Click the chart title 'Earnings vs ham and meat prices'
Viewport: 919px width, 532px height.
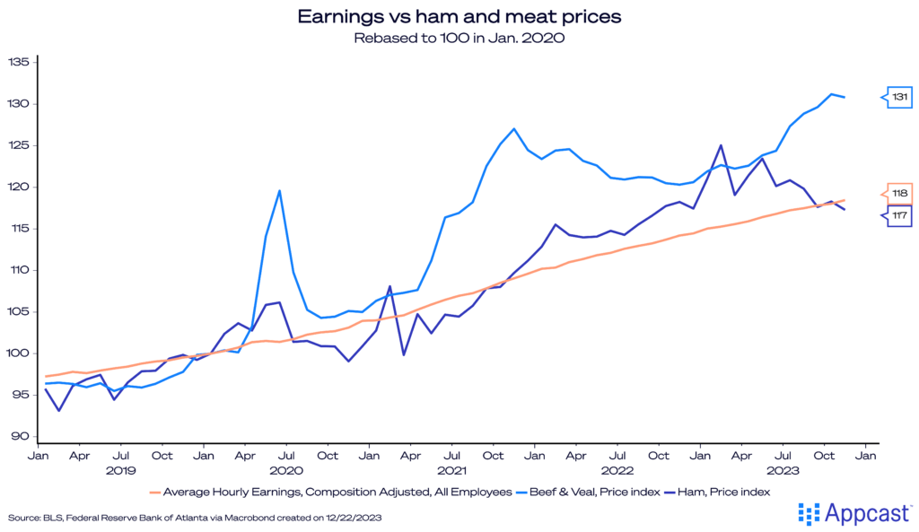click(x=459, y=16)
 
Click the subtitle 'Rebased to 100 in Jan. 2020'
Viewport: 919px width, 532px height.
click(x=459, y=38)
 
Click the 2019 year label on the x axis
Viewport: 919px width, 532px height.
click(x=120, y=470)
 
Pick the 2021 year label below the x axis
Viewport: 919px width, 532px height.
click(x=451, y=470)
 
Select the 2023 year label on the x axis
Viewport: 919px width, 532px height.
click(x=783, y=470)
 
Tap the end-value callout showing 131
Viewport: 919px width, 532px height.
click(x=900, y=97)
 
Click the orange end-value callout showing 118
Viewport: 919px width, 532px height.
click(x=900, y=193)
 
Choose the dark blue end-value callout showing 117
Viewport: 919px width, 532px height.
click(x=900, y=215)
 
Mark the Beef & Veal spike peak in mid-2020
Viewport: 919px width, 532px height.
click(x=280, y=190)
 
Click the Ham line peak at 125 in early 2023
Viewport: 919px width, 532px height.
click(x=722, y=145)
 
